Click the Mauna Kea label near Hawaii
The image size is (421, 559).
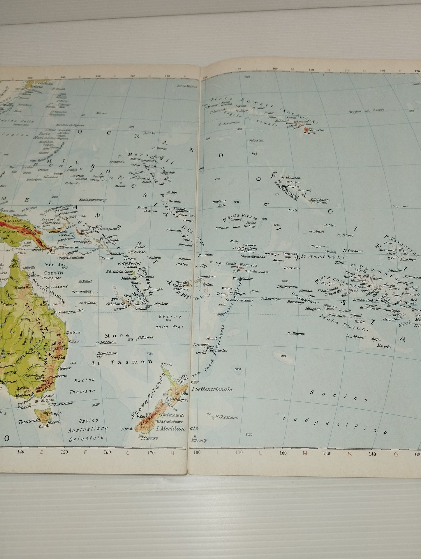(317, 130)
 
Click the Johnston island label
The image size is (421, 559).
(256, 140)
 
